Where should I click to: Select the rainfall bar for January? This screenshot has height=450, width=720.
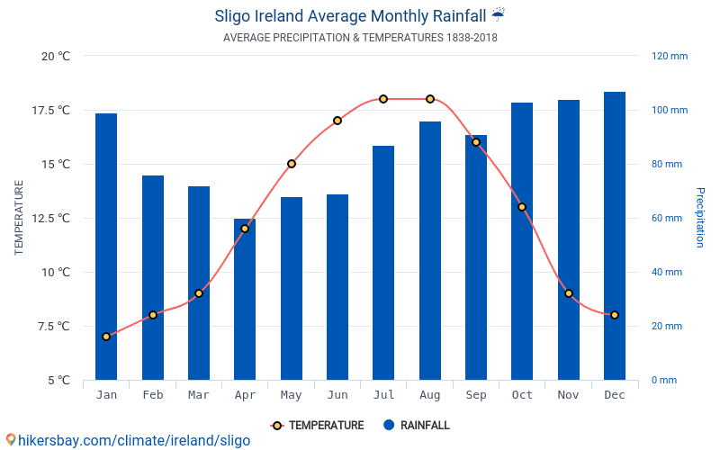(x=106, y=247)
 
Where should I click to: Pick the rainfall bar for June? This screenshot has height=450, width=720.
(x=337, y=287)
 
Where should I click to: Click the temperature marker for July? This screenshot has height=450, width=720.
(x=383, y=99)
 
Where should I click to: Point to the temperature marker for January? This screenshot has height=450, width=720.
(x=106, y=337)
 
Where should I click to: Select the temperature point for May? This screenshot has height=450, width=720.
(x=292, y=164)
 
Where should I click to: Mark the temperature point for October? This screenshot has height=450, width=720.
(x=522, y=207)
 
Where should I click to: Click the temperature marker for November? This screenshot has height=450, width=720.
(x=569, y=293)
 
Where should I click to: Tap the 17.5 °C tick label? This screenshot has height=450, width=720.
(x=51, y=110)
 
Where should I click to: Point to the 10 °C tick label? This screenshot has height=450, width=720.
(x=56, y=272)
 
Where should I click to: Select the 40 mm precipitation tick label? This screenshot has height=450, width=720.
(x=667, y=272)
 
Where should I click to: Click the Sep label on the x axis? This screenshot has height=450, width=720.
(x=476, y=395)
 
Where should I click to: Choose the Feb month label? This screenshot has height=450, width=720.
(x=153, y=395)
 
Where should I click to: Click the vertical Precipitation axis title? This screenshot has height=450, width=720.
(x=700, y=218)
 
